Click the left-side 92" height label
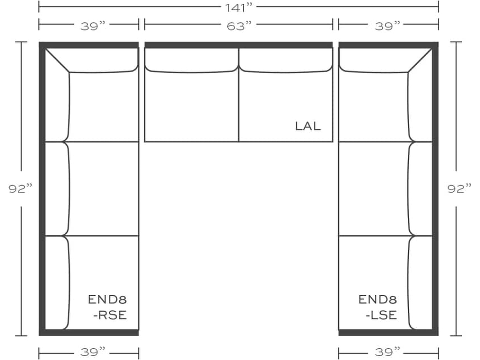21,188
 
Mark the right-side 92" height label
459,188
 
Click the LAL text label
308,126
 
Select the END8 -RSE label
108,307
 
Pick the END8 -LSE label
378,307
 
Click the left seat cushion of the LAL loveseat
191,107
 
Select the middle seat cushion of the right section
373,188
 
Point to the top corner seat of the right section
373,107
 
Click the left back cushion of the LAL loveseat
191,60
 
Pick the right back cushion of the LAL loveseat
286,60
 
